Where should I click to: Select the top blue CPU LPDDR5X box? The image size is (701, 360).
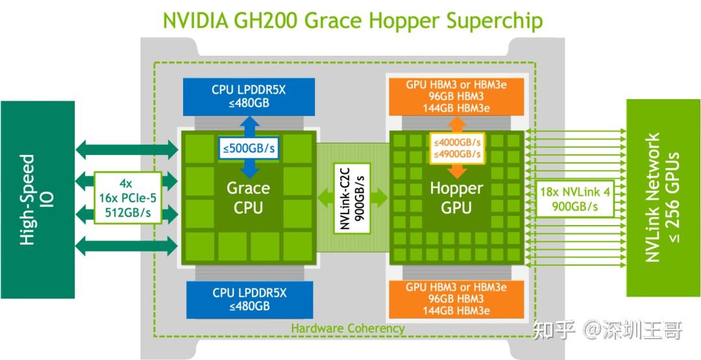point(249,97)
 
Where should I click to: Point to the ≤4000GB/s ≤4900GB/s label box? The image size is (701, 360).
point(457,149)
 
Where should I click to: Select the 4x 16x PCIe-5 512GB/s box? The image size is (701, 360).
point(127,198)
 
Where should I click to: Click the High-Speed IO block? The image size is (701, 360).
point(37,200)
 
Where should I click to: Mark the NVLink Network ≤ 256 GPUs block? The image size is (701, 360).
point(662,197)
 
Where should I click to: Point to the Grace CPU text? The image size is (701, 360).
point(248,198)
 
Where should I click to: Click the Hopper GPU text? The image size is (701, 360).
point(457,198)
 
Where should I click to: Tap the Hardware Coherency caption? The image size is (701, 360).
point(347,328)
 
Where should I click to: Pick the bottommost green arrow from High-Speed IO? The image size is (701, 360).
point(127,246)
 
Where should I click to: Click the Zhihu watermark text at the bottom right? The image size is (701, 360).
point(607,331)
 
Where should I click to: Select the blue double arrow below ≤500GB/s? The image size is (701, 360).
point(249,169)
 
